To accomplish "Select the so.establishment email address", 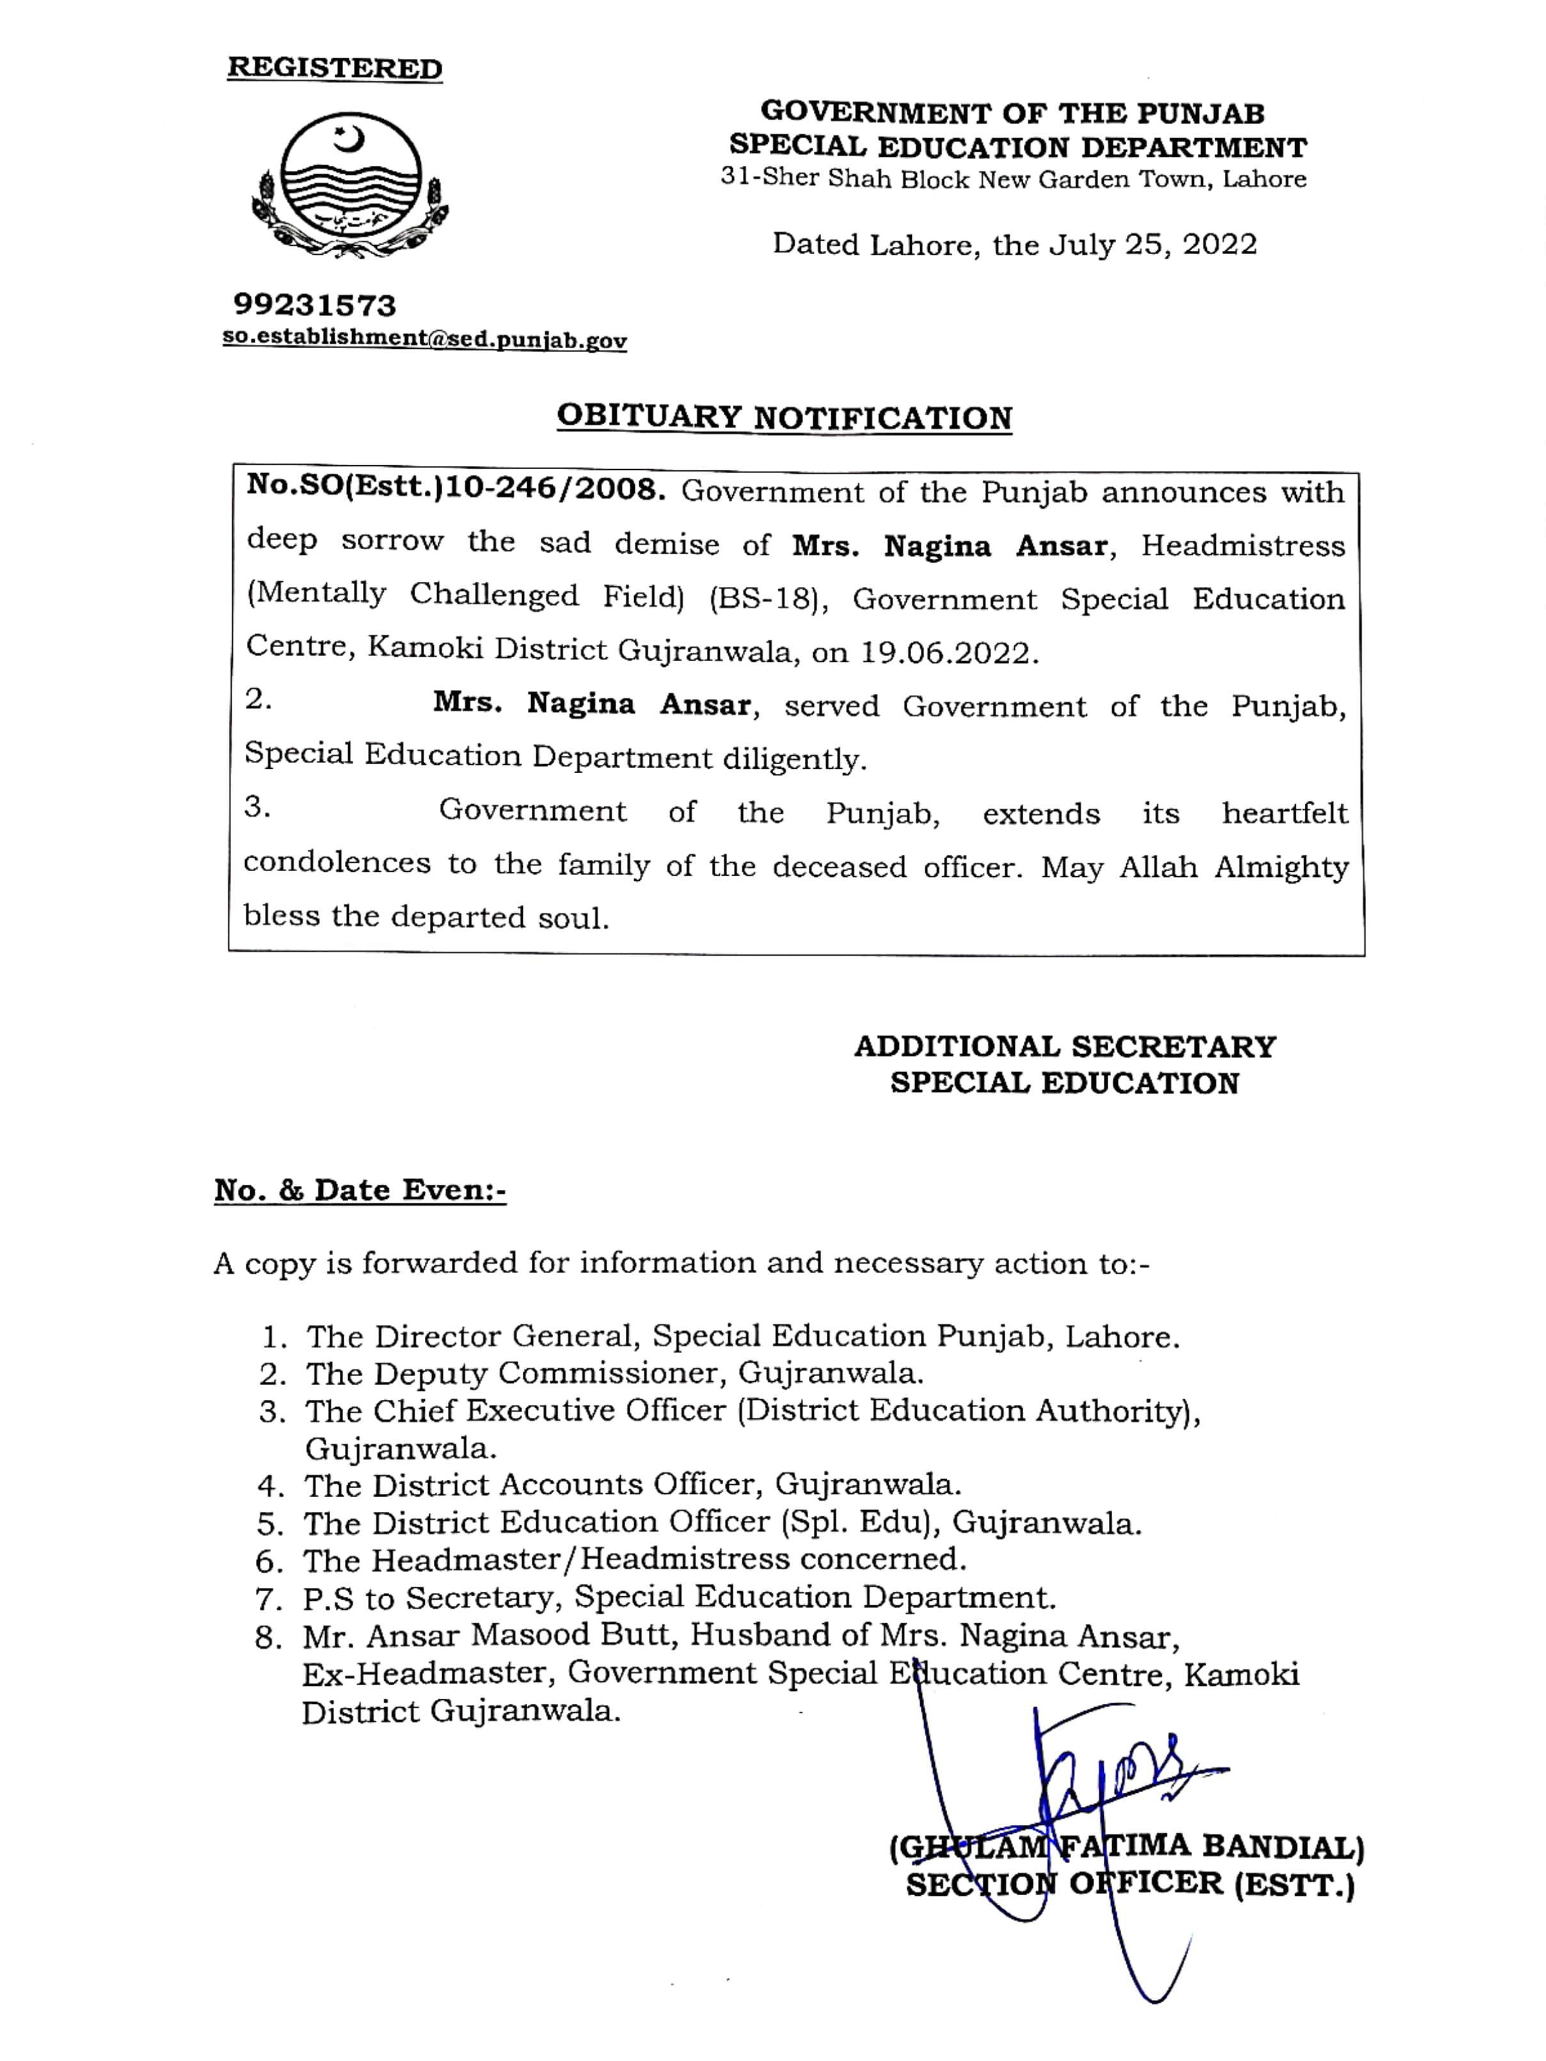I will tap(424, 339).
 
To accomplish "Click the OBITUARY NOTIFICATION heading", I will tap(784, 417).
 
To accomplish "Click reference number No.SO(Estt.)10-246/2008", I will tap(456, 489).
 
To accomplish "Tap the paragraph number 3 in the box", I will tap(257, 808).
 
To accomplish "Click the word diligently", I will tap(794, 759).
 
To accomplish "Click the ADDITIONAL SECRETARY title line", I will tap(1065, 1047).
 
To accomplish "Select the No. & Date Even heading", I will tap(360, 1190).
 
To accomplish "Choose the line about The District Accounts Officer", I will tap(632, 1484).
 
